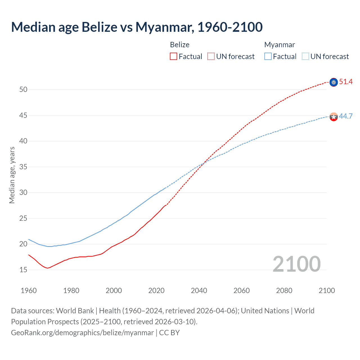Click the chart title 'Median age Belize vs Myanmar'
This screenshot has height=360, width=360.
tap(137, 27)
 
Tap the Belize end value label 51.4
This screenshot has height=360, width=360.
tap(346, 82)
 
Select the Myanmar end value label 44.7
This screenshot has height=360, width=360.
tap(346, 116)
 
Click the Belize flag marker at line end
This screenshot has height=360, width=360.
tap(334, 82)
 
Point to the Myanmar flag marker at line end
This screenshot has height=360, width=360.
tap(334, 117)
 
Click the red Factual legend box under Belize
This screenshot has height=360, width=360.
tap(174, 57)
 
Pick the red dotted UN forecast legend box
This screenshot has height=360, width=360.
tap(211, 57)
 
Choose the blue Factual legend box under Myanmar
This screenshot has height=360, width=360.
tap(268, 57)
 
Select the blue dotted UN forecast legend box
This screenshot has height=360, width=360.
tap(305, 57)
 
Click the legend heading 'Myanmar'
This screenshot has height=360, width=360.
tap(280, 45)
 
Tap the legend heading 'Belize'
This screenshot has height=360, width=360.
tap(180, 45)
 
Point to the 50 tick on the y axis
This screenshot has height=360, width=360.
tap(23, 90)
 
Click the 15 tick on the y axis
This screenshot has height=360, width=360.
tap(23, 270)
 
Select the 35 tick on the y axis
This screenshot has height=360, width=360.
tap(23, 167)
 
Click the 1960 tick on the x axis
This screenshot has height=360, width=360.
tap(29, 291)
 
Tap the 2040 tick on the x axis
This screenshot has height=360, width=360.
tap(199, 291)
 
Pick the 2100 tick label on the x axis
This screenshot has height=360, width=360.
tap(327, 291)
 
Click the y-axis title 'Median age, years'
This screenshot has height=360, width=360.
tap(12, 175)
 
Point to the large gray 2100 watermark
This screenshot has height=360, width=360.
tap(296, 264)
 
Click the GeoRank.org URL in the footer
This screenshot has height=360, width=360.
tap(82, 333)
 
